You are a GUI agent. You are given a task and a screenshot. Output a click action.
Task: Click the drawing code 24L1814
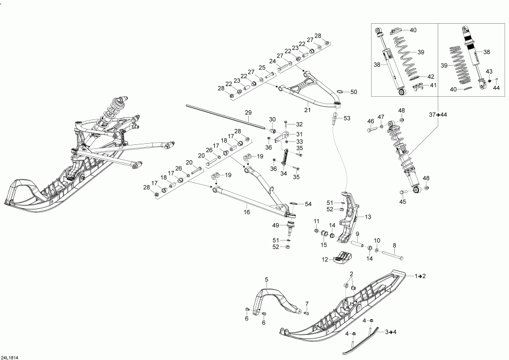point(10,357)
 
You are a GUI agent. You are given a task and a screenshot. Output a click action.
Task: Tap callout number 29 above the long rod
point(247,113)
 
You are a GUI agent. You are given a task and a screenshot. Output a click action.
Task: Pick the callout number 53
point(347,118)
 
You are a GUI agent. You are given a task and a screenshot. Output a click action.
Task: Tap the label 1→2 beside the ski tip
point(421,276)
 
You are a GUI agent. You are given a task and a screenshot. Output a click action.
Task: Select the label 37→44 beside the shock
point(438,115)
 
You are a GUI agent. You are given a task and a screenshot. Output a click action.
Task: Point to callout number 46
point(370,121)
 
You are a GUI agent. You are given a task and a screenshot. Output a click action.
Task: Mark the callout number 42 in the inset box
point(431,76)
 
